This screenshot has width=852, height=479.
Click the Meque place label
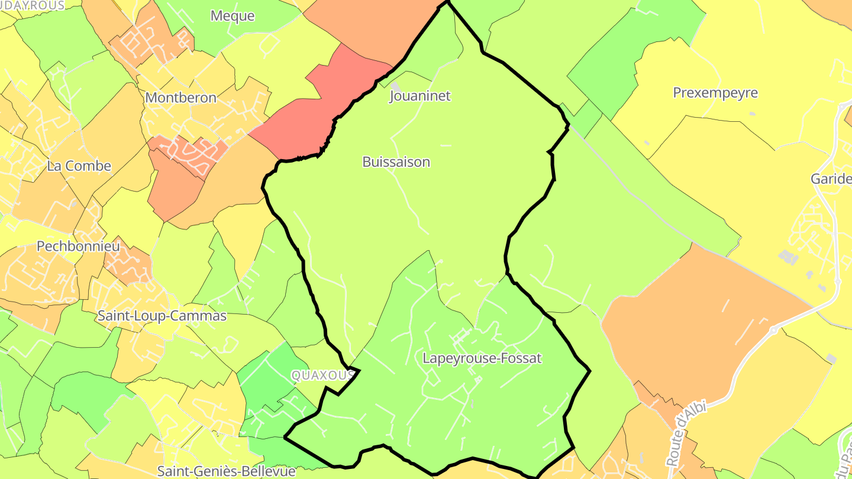click(233, 16)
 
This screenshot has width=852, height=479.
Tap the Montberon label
click(180, 98)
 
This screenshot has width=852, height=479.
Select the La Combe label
click(79, 166)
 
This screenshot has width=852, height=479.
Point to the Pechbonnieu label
click(78, 246)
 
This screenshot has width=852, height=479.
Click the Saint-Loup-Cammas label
click(162, 316)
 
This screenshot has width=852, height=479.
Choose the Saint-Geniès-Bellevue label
click(226, 471)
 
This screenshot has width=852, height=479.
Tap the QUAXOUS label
click(322, 376)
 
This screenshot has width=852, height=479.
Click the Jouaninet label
click(420, 96)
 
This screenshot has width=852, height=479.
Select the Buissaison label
click(396, 162)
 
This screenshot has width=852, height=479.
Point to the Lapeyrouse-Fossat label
click(482, 358)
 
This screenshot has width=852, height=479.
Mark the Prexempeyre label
click(715, 93)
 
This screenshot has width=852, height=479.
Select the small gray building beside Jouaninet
click(395, 86)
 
